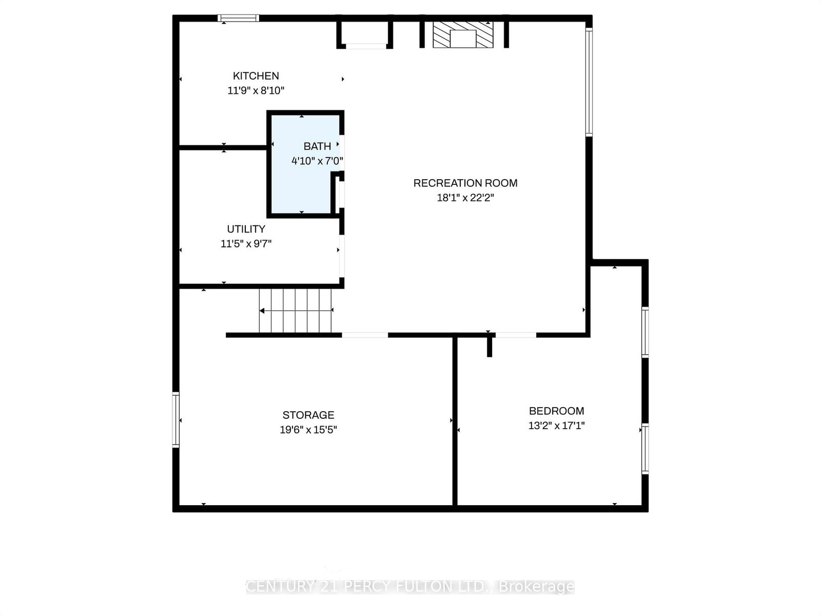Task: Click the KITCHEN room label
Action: click(256, 76)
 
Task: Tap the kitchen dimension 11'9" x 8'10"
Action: click(256, 91)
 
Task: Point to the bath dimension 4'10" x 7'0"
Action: click(317, 161)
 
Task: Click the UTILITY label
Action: click(246, 229)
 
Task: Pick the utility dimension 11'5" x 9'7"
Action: click(246, 244)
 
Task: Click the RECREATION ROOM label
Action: click(465, 183)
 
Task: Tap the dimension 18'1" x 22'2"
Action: click(465, 198)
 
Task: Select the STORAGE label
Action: click(308, 415)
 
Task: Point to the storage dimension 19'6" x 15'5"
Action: click(308, 430)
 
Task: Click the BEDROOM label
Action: click(556, 411)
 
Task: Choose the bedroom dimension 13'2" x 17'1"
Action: click(556, 426)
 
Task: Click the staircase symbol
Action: click(296, 311)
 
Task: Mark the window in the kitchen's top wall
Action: click(238, 18)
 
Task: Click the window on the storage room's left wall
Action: click(176, 420)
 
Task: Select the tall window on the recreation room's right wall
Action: click(590, 82)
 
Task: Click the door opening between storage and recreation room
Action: click(365, 335)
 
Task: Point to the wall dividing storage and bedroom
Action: click(455, 421)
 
